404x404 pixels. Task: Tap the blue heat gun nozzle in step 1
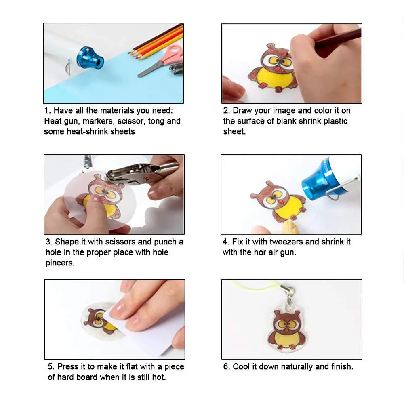[90, 58]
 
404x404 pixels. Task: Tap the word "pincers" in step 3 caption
[60, 263]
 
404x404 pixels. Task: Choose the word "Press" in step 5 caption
[67, 366]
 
